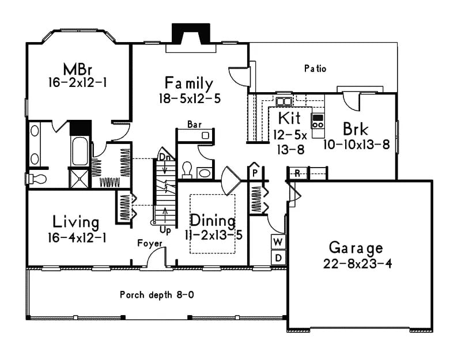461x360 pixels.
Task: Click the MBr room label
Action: pyautogui.click(x=77, y=67)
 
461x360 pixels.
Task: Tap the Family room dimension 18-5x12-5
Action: pyautogui.click(x=190, y=98)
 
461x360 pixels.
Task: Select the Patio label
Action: pyautogui.click(x=315, y=69)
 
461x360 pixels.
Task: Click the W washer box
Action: pyautogui.click(x=278, y=241)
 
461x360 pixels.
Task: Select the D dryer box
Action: pyautogui.click(x=278, y=257)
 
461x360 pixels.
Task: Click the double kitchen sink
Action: pyautogui.click(x=284, y=102)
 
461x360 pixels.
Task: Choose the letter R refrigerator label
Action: pyautogui.click(x=297, y=172)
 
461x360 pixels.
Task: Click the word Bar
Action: pyautogui.click(x=194, y=124)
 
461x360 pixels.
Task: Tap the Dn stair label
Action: pyautogui.click(x=165, y=156)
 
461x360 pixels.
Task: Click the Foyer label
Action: pyautogui.click(x=149, y=243)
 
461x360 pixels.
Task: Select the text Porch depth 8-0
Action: pyautogui.click(x=157, y=295)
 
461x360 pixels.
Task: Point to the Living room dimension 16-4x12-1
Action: pyautogui.click(x=76, y=236)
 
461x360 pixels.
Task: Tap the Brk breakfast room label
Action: pyautogui.click(x=356, y=128)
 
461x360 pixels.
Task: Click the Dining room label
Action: pyautogui.click(x=213, y=221)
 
